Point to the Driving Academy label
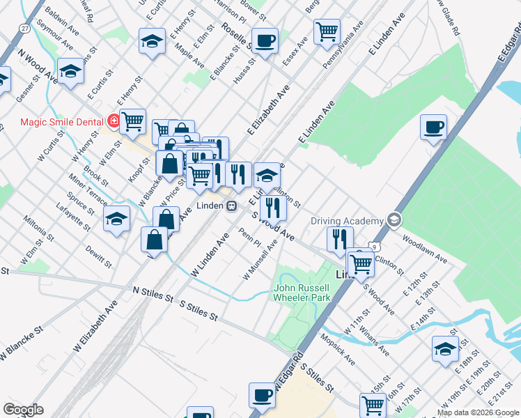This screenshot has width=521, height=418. click(347, 221)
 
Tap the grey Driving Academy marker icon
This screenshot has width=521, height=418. click(394, 220)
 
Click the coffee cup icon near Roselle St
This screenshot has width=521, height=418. click(265, 41)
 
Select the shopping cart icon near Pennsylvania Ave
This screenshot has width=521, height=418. click(327, 31)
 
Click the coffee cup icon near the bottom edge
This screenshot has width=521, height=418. click(262, 396)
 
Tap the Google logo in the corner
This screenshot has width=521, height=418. click(23, 410)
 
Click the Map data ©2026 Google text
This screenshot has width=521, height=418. click(479, 412)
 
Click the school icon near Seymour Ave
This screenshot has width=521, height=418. click(70, 71)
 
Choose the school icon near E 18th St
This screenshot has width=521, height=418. click(445, 349)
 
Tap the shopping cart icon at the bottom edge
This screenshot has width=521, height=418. click(373, 404)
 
